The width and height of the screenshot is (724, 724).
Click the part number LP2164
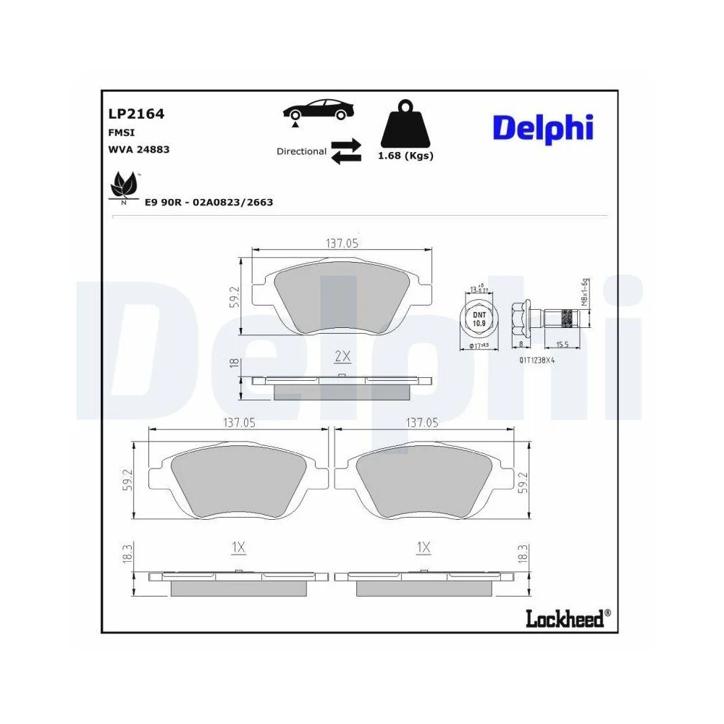point(136,114)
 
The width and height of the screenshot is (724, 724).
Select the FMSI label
point(121,132)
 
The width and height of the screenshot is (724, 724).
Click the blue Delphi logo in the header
point(543,128)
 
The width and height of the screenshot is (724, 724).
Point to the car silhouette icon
point(318,111)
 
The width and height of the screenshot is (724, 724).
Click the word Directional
point(301,151)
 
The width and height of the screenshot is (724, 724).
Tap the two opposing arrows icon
point(346,151)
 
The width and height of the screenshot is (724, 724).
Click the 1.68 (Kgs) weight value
point(407,156)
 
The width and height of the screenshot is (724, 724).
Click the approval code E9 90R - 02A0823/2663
point(209,203)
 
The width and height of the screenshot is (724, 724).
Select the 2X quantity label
point(342,356)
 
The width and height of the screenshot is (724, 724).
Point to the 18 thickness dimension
point(234,362)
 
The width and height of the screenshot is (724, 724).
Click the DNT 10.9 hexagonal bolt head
point(479,318)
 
